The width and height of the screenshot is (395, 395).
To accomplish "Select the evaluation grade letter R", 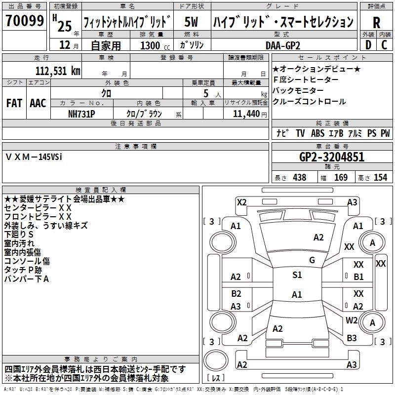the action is [x=376, y=22].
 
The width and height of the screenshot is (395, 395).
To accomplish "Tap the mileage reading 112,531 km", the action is [x=58, y=70].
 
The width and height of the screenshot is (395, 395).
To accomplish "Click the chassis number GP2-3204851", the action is [x=332, y=157].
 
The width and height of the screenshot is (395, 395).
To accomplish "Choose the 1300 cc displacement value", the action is [x=151, y=46].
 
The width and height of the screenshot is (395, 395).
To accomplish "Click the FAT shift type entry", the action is [x=14, y=103].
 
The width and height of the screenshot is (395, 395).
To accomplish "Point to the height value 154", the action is [x=380, y=177].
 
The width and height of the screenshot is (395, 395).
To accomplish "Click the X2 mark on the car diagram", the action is [x=241, y=201].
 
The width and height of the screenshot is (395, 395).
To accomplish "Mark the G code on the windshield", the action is [x=312, y=260].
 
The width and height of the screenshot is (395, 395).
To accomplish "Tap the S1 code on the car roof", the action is [x=297, y=275].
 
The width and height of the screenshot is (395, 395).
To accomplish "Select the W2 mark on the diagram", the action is [x=352, y=320].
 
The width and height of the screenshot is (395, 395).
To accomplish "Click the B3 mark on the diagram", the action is [x=352, y=338].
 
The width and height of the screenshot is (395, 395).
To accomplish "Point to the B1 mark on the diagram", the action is [x=358, y=276].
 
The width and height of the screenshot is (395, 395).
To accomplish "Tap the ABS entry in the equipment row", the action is [x=317, y=133].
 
